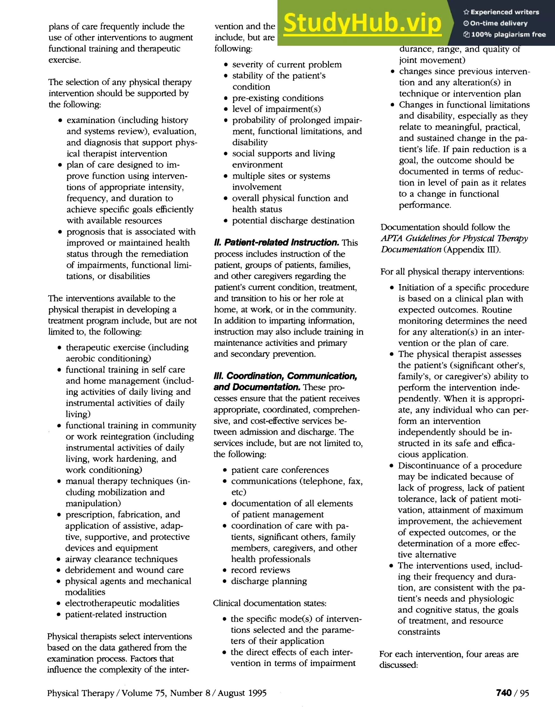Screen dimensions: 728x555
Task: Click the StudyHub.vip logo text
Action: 362,23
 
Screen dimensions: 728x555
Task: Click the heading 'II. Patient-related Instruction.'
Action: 276,243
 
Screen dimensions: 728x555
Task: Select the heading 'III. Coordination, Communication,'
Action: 285,376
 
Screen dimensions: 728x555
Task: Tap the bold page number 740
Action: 504,693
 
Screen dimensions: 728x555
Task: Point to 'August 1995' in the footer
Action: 242,693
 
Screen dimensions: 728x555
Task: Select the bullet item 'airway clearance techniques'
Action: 121,559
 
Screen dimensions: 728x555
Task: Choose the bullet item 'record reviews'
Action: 260,570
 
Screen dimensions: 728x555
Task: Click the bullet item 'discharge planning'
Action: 269,581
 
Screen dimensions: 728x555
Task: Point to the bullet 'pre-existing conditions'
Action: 278,98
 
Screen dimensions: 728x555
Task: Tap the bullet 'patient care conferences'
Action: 280,470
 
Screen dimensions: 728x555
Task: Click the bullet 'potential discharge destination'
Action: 293,220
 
